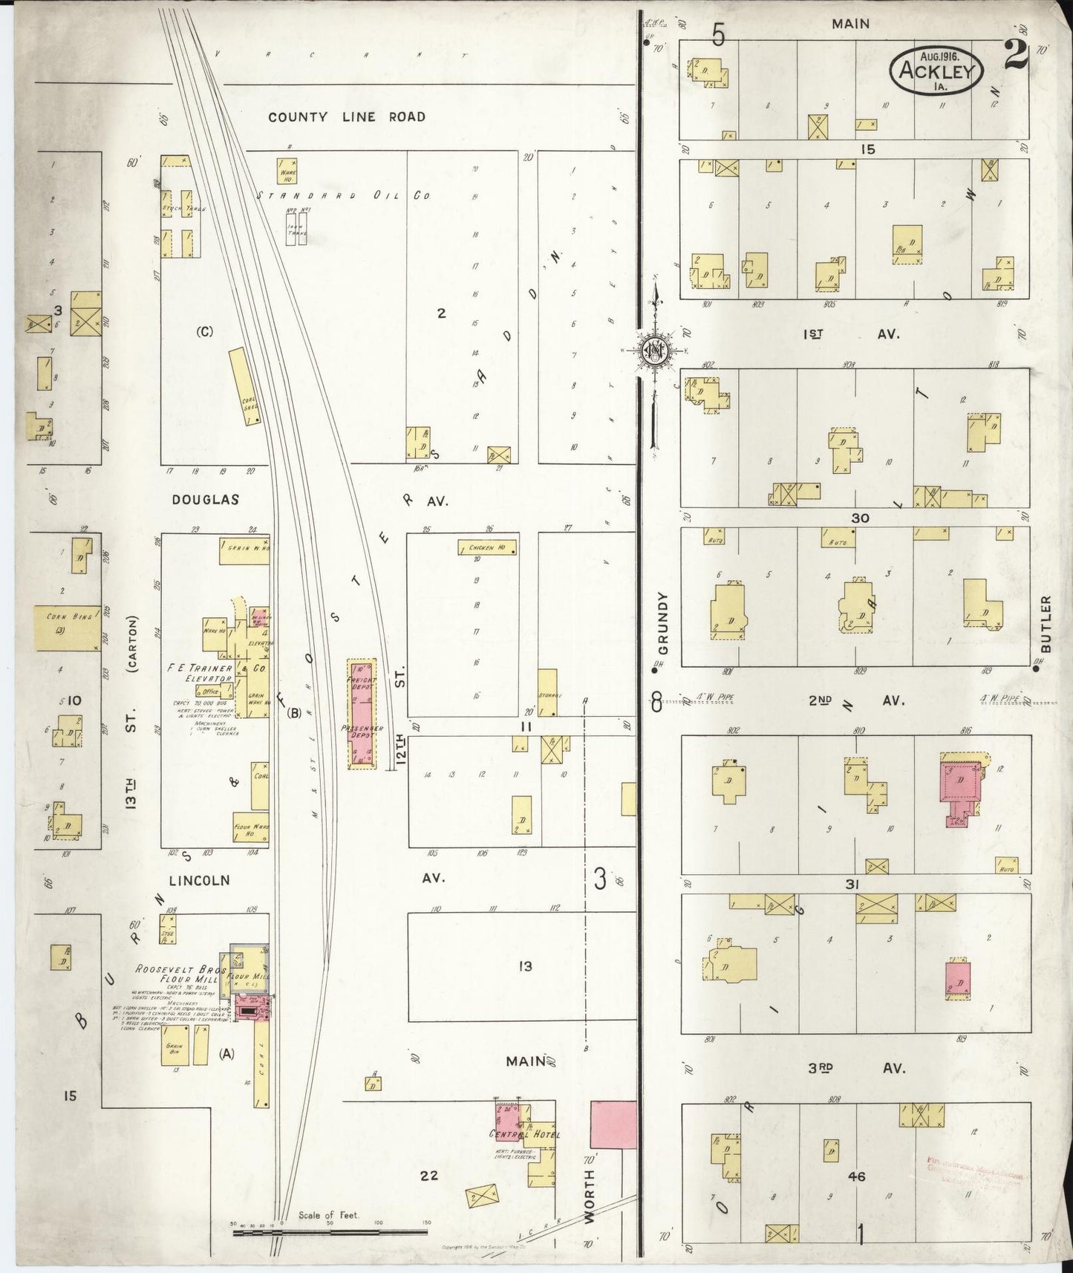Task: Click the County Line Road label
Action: click(347, 117)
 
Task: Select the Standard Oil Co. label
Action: click(344, 195)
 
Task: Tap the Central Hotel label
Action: click(524, 1134)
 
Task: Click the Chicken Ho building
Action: click(487, 548)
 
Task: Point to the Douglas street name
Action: click(206, 500)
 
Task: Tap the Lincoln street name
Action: click(199, 880)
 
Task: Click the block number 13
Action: click(525, 966)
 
